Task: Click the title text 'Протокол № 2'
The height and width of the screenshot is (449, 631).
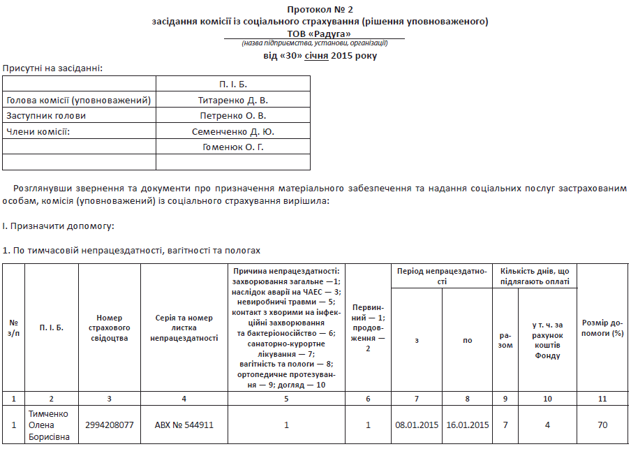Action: click(x=320, y=9)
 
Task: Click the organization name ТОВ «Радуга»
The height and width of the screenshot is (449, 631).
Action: click(x=320, y=33)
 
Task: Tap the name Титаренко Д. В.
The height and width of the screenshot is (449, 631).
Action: click(x=233, y=100)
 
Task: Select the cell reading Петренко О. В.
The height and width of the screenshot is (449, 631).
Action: click(x=233, y=115)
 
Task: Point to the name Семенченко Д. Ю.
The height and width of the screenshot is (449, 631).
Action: click(x=233, y=131)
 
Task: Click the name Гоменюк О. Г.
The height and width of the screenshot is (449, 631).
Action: click(x=233, y=147)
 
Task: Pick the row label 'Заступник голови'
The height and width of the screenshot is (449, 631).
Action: click(x=46, y=115)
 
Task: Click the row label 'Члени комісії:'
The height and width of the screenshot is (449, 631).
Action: click(x=39, y=131)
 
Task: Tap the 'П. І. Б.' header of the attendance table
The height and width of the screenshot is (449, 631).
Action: click(x=233, y=84)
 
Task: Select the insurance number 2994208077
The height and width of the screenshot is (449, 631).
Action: click(x=110, y=425)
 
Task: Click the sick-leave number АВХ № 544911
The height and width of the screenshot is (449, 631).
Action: click(x=184, y=425)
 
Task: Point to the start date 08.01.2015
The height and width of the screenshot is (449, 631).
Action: click(x=417, y=425)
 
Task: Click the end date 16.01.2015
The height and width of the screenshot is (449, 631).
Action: click(x=468, y=425)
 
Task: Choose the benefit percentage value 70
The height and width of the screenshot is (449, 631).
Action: click(x=603, y=425)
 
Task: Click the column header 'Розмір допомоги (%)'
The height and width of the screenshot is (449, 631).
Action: click(x=603, y=328)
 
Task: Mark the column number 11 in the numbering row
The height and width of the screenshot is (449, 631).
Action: click(x=603, y=398)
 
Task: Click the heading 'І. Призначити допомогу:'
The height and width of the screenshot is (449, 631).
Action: click(x=58, y=226)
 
